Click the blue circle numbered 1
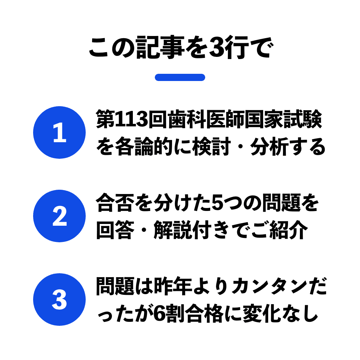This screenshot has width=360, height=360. tap(59, 132)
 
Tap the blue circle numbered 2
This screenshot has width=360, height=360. tap(59, 216)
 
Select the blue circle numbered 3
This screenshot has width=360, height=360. tap(59, 300)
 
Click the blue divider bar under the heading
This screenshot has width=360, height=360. tap(180, 77)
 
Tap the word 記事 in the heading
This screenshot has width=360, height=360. tap(160, 48)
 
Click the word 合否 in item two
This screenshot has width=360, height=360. tap(115, 203)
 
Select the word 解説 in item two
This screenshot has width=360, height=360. tap(173, 230)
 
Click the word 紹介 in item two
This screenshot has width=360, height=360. tap(289, 230)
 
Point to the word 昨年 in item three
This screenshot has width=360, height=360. tap(173, 286)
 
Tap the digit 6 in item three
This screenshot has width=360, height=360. tap(159, 314)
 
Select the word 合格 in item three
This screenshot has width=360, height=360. tap(204, 314)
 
